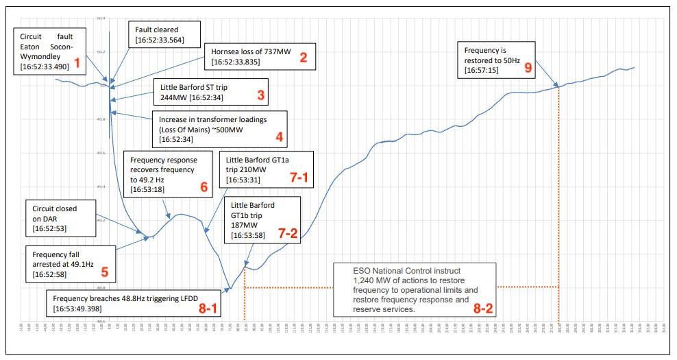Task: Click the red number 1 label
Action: pos(77,63)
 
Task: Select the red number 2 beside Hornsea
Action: pos(303,57)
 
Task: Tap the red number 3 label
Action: pos(261,95)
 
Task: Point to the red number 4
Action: pos(279,136)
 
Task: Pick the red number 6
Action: pos(203,187)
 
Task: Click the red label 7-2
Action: pos(288,233)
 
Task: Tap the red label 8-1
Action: pos(208,309)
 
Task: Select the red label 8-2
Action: pos(482,309)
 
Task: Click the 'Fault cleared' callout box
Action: pos(164,35)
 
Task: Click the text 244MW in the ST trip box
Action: pos(172,97)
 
